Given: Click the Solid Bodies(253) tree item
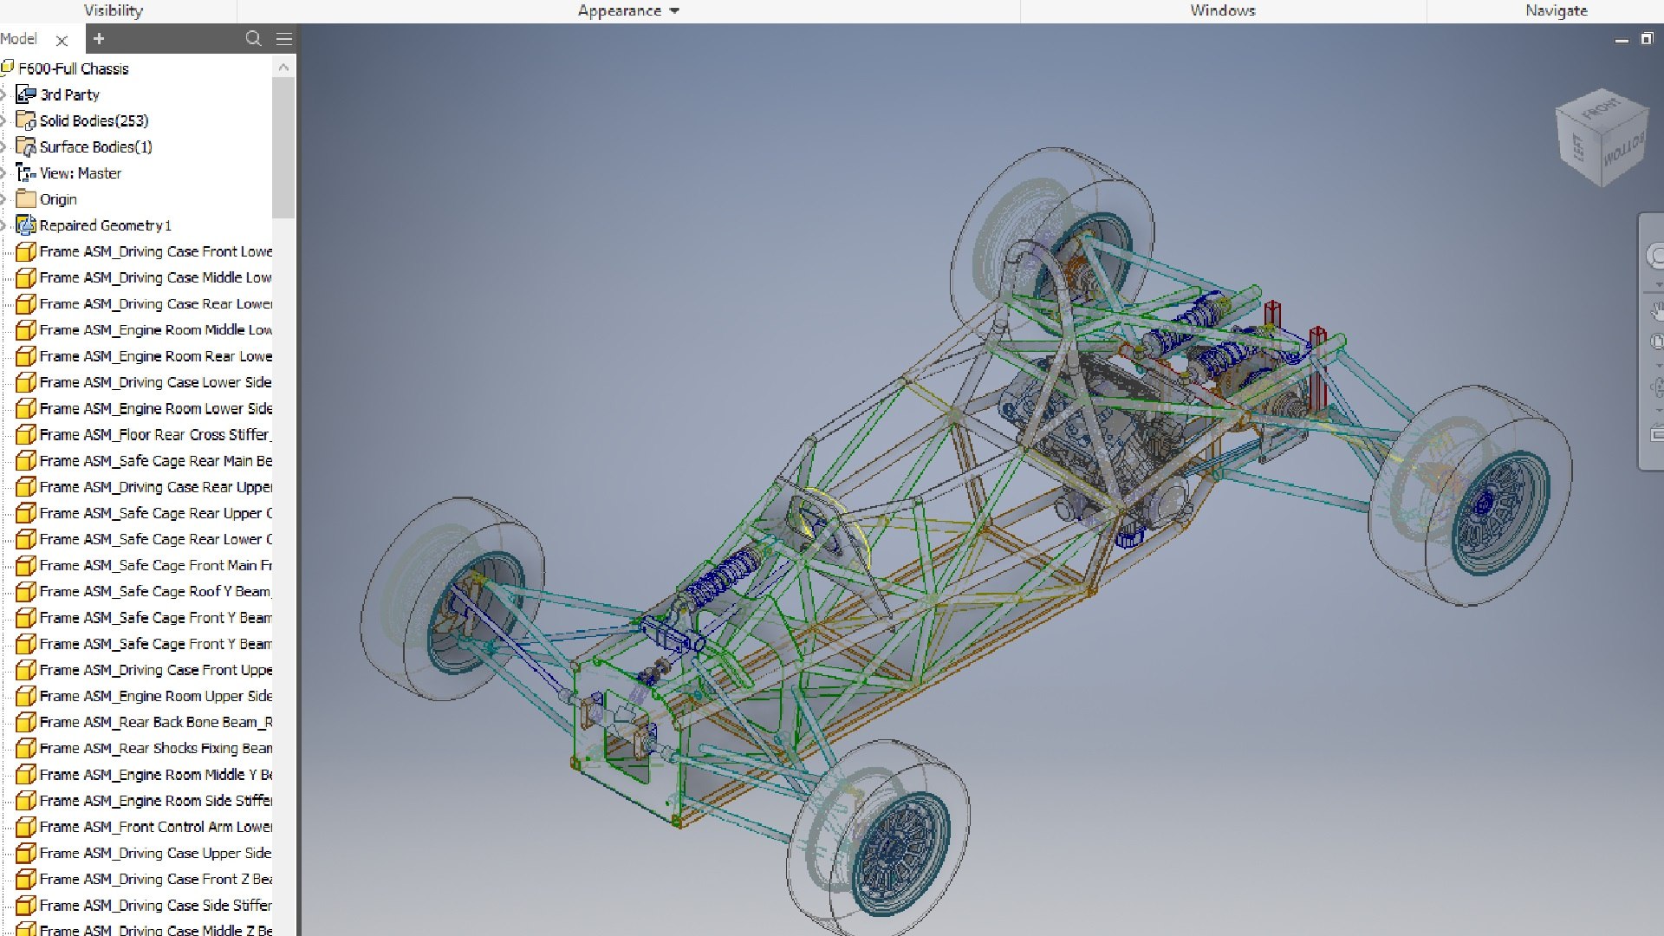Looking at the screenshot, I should (x=94, y=120).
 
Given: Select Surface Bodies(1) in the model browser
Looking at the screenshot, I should (x=95, y=146).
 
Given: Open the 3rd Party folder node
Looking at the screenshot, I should (x=69, y=94).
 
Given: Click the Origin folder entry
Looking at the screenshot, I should (x=58, y=199).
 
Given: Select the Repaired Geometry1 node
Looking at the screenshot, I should (x=105, y=225).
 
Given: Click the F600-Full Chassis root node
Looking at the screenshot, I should (x=73, y=68).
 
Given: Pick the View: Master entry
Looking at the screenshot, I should (x=80, y=173).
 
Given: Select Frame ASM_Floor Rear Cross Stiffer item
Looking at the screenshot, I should (x=154, y=434).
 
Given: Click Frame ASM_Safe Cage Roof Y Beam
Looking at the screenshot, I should (x=154, y=591).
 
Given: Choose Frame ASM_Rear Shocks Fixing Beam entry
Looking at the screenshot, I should (x=154, y=748).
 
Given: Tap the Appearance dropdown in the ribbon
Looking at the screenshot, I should (x=628, y=10).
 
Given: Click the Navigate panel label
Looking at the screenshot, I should (x=1556, y=10).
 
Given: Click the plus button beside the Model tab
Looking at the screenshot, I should (x=99, y=39).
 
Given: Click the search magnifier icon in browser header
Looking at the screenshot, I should (x=253, y=39).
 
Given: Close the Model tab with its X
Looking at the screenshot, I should (x=62, y=40).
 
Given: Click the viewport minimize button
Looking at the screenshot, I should (x=1622, y=40).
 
